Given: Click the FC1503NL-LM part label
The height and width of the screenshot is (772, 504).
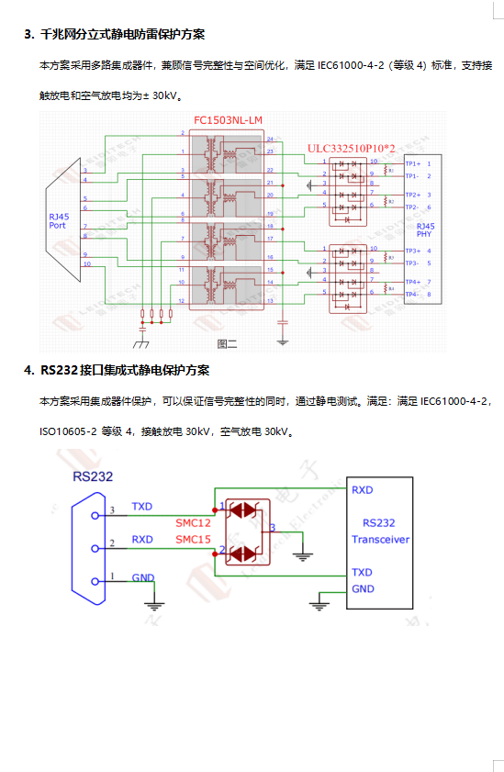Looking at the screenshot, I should coord(228,120).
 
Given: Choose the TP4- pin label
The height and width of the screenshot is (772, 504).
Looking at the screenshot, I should coord(413,294).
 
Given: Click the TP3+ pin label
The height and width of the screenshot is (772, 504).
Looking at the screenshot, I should coord(413,251).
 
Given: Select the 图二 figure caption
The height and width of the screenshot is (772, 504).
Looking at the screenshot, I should coord(227,343).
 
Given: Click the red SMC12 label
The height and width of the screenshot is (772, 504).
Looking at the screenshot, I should coord(193,521).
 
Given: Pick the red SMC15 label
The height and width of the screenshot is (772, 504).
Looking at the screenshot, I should coord(193,538).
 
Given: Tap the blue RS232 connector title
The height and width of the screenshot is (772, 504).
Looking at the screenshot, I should coord(94,476).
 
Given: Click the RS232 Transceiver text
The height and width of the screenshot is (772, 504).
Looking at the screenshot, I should coord(380,531).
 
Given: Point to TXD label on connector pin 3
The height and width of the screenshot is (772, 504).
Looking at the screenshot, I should coord(142,506).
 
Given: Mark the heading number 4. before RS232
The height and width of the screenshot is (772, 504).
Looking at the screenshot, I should coord(29,370).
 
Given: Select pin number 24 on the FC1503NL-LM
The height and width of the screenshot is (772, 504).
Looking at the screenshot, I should coord(270,138).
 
